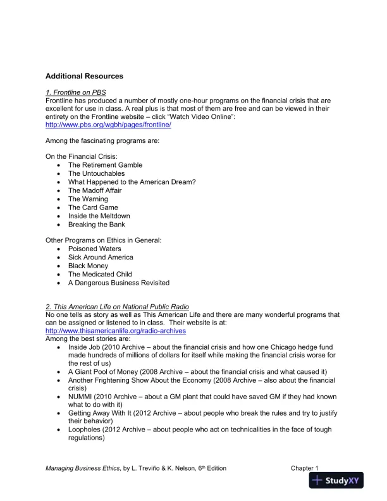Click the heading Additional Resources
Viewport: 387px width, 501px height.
tap(84, 76)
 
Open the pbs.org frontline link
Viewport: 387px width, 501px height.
tap(108, 125)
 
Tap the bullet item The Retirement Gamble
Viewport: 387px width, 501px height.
tap(105, 165)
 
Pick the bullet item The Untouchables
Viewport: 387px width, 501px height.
tap(96, 173)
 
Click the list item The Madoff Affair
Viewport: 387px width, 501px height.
tap(95, 190)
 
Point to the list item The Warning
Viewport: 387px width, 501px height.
tap(88, 199)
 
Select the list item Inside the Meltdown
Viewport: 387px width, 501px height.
tap(99, 216)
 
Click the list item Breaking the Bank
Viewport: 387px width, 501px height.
tap(96, 225)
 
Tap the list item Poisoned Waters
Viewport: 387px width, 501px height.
tap(94, 249)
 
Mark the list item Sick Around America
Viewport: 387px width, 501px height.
tap(101, 257)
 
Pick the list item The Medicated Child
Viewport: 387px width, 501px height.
tap(100, 275)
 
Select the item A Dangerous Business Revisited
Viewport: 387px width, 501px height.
tap(118, 283)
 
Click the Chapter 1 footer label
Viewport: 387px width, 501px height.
tap(305, 468)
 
